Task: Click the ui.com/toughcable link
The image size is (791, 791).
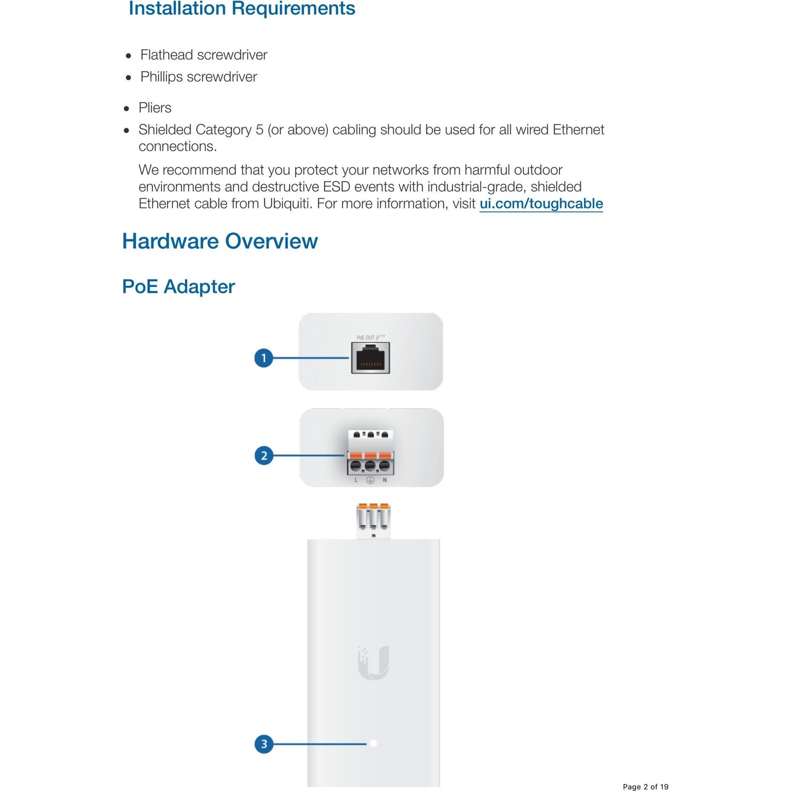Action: click(x=541, y=204)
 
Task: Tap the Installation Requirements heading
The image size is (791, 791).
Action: click(x=241, y=9)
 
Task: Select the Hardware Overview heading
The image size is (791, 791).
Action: click(x=220, y=241)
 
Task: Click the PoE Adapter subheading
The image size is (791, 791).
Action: click(x=178, y=287)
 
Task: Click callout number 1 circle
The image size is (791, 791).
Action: click(x=264, y=358)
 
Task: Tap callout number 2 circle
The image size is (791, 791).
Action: click(x=264, y=455)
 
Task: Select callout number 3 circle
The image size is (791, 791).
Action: click(x=264, y=744)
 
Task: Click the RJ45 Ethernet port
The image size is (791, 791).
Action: click(x=371, y=359)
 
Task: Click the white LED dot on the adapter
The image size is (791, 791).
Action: click(x=374, y=743)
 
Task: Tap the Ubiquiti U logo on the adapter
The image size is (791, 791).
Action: click(x=374, y=662)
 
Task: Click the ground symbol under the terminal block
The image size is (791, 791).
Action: click(x=371, y=480)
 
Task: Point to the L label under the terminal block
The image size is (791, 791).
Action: click(x=356, y=480)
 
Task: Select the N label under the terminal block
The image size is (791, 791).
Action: click(x=385, y=480)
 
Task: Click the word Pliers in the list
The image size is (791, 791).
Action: click(x=155, y=108)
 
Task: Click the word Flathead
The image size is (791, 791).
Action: click(x=166, y=55)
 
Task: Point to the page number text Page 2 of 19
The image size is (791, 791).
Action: click(x=645, y=787)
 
